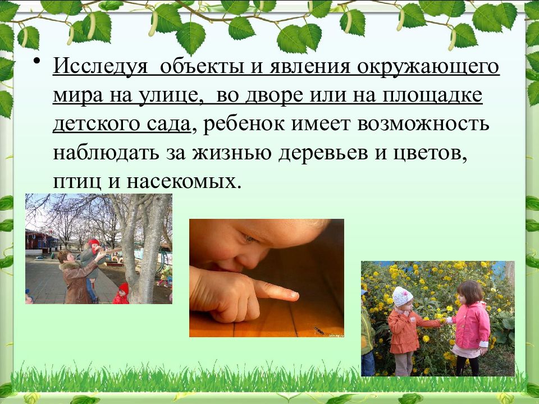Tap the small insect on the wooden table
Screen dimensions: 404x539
coord(318,330)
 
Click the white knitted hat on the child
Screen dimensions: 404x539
coord(402,296)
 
